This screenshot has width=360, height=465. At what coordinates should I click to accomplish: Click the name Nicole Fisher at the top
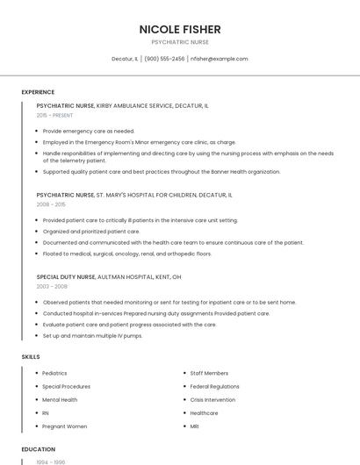pos(180,29)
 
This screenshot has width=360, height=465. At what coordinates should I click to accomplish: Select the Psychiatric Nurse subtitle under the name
pos(180,42)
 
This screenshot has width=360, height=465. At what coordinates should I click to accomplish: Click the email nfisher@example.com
pos(220,59)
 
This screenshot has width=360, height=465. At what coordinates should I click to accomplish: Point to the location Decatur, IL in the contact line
pos(125,59)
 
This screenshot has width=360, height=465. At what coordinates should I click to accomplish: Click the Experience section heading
pos(38,91)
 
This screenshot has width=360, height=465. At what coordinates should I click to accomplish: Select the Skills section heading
pos(31,357)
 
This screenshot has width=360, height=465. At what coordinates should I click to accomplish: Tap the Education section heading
pos(38,448)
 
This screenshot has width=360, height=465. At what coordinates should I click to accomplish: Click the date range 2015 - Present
pos(54,115)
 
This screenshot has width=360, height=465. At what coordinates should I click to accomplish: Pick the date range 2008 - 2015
pos(51,204)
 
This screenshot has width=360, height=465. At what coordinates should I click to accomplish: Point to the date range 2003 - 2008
pos(52,286)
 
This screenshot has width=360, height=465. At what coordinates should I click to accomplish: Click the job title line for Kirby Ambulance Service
pos(122,105)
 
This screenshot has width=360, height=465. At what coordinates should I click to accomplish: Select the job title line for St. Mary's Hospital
pos(133,195)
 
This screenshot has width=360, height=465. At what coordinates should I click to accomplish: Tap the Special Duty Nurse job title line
pos(109,276)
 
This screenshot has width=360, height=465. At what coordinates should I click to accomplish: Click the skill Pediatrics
pos(54,373)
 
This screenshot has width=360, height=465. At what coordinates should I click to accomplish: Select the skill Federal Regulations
pos(214,386)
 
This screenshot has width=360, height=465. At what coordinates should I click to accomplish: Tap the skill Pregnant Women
pos(65,426)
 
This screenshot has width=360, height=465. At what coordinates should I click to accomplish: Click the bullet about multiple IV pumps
pos(92,335)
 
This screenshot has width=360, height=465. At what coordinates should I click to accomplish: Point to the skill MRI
pos(195,426)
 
